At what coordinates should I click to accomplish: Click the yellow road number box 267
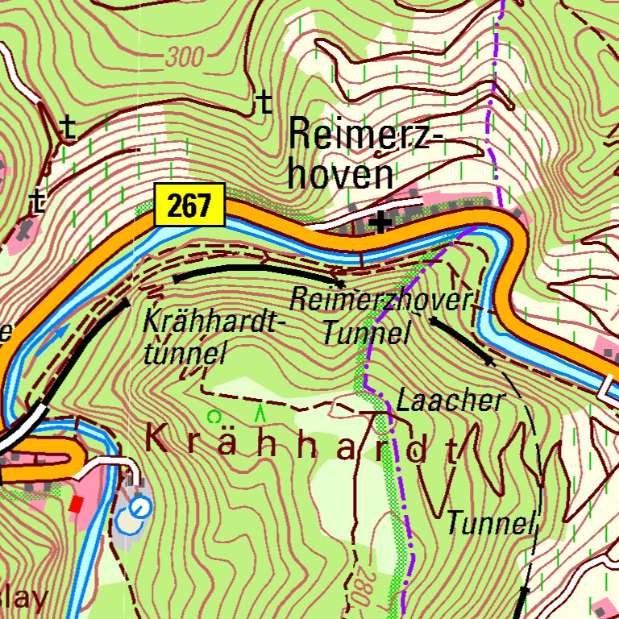tap(189, 206)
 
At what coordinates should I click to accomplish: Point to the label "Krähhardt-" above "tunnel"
tap(214, 322)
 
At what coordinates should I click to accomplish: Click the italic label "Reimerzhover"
tap(380, 300)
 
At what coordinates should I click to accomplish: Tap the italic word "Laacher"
tap(450, 400)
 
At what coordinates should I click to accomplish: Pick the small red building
tap(77, 505)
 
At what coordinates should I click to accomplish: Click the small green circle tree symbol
tap(214, 417)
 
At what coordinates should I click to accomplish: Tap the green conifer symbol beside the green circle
tap(260, 414)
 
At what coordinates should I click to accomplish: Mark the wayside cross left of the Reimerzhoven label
tap(263, 102)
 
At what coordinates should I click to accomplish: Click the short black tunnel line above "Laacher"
tap(460, 340)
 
